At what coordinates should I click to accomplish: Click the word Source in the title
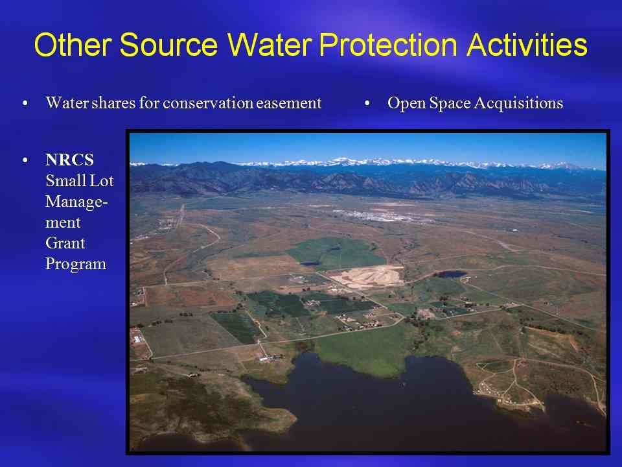click(168, 44)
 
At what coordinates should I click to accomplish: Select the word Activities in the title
click(527, 44)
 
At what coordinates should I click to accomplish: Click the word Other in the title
click(73, 44)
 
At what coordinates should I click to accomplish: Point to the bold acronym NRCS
click(69, 160)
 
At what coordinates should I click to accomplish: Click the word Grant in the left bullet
click(65, 243)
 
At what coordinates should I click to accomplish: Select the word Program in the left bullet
click(76, 264)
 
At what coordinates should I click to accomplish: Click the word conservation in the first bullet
click(207, 103)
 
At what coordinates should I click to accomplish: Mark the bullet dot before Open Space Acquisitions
click(367, 103)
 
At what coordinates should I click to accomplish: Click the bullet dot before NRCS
click(25, 160)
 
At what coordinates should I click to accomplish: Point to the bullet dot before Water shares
click(25, 103)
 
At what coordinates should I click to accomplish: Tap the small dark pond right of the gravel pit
click(450, 274)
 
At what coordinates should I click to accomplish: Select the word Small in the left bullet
click(62, 181)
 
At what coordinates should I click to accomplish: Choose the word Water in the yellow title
click(268, 44)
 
